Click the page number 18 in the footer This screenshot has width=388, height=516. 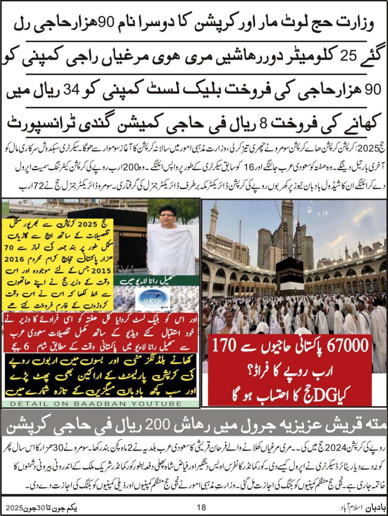click(202, 507)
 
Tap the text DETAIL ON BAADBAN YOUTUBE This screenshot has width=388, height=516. click(96, 404)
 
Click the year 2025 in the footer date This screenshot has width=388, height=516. click(15, 507)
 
